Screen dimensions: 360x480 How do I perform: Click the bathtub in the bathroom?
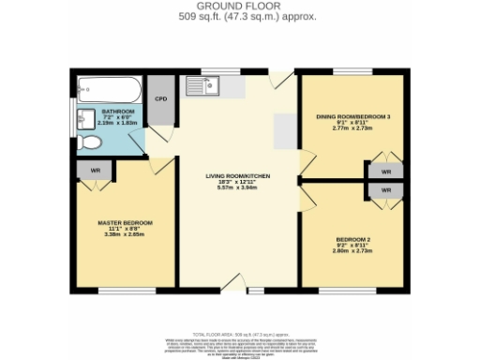109,91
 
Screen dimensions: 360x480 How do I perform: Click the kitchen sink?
202,87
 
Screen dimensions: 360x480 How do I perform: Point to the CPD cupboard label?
160,97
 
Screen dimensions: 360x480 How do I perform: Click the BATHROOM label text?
118,111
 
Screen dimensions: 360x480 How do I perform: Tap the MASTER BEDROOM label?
125,222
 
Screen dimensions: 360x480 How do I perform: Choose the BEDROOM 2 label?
352,239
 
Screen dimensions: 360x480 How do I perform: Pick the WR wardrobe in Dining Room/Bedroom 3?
385,171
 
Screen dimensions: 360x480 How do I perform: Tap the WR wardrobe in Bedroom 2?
385,189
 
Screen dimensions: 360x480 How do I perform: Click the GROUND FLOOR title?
239,6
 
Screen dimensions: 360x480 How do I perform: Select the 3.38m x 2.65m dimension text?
125,235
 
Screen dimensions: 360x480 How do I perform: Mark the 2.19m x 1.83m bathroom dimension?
118,123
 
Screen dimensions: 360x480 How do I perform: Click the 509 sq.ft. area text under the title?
239,16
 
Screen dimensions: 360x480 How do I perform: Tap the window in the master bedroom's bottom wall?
126,291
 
